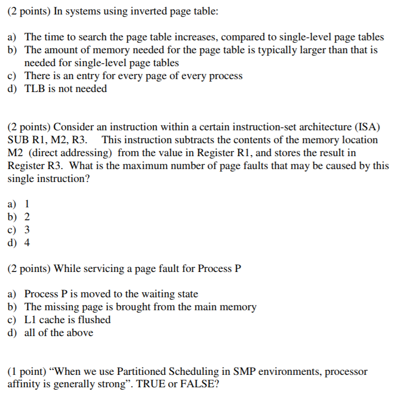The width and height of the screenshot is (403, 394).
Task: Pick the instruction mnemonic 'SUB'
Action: click(18, 140)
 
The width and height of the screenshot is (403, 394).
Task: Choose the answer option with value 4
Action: click(27, 243)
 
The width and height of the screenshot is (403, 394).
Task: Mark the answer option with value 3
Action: click(27, 230)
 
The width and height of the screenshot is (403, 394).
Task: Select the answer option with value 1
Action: click(27, 204)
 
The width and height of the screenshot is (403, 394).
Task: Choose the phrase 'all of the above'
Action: click(59, 332)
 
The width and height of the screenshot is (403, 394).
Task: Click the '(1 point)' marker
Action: click(28, 372)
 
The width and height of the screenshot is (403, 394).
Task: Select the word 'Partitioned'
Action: click(141, 372)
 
